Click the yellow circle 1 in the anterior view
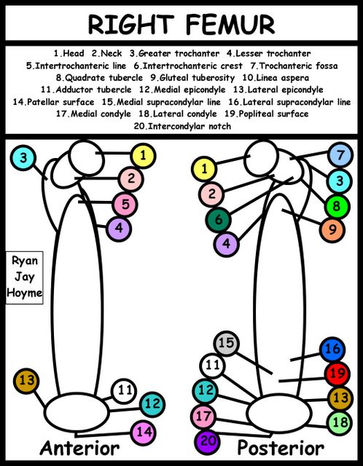(x=143, y=156)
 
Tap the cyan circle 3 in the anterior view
(x=23, y=158)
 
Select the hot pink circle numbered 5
(x=125, y=205)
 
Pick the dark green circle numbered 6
(x=219, y=220)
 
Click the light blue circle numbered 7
(x=340, y=155)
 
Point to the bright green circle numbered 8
(x=337, y=207)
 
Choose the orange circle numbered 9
(x=332, y=230)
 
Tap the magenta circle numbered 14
(x=144, y=433)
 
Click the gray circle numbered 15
(x=226, y=343)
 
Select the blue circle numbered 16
(x=332, y=349)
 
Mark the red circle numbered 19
(x=337, y=374)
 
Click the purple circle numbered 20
(x=208, y=442)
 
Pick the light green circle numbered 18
(x=340, y=422)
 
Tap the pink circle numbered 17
(x=203, y=416)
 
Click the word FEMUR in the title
(x=230, y=24)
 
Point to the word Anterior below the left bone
(x=79, y=449)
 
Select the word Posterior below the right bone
(x=281, y=449)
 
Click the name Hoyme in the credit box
(x=24, y=293)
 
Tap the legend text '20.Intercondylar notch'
(x=182, y=126)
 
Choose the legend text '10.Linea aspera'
(x=276, y=78)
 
